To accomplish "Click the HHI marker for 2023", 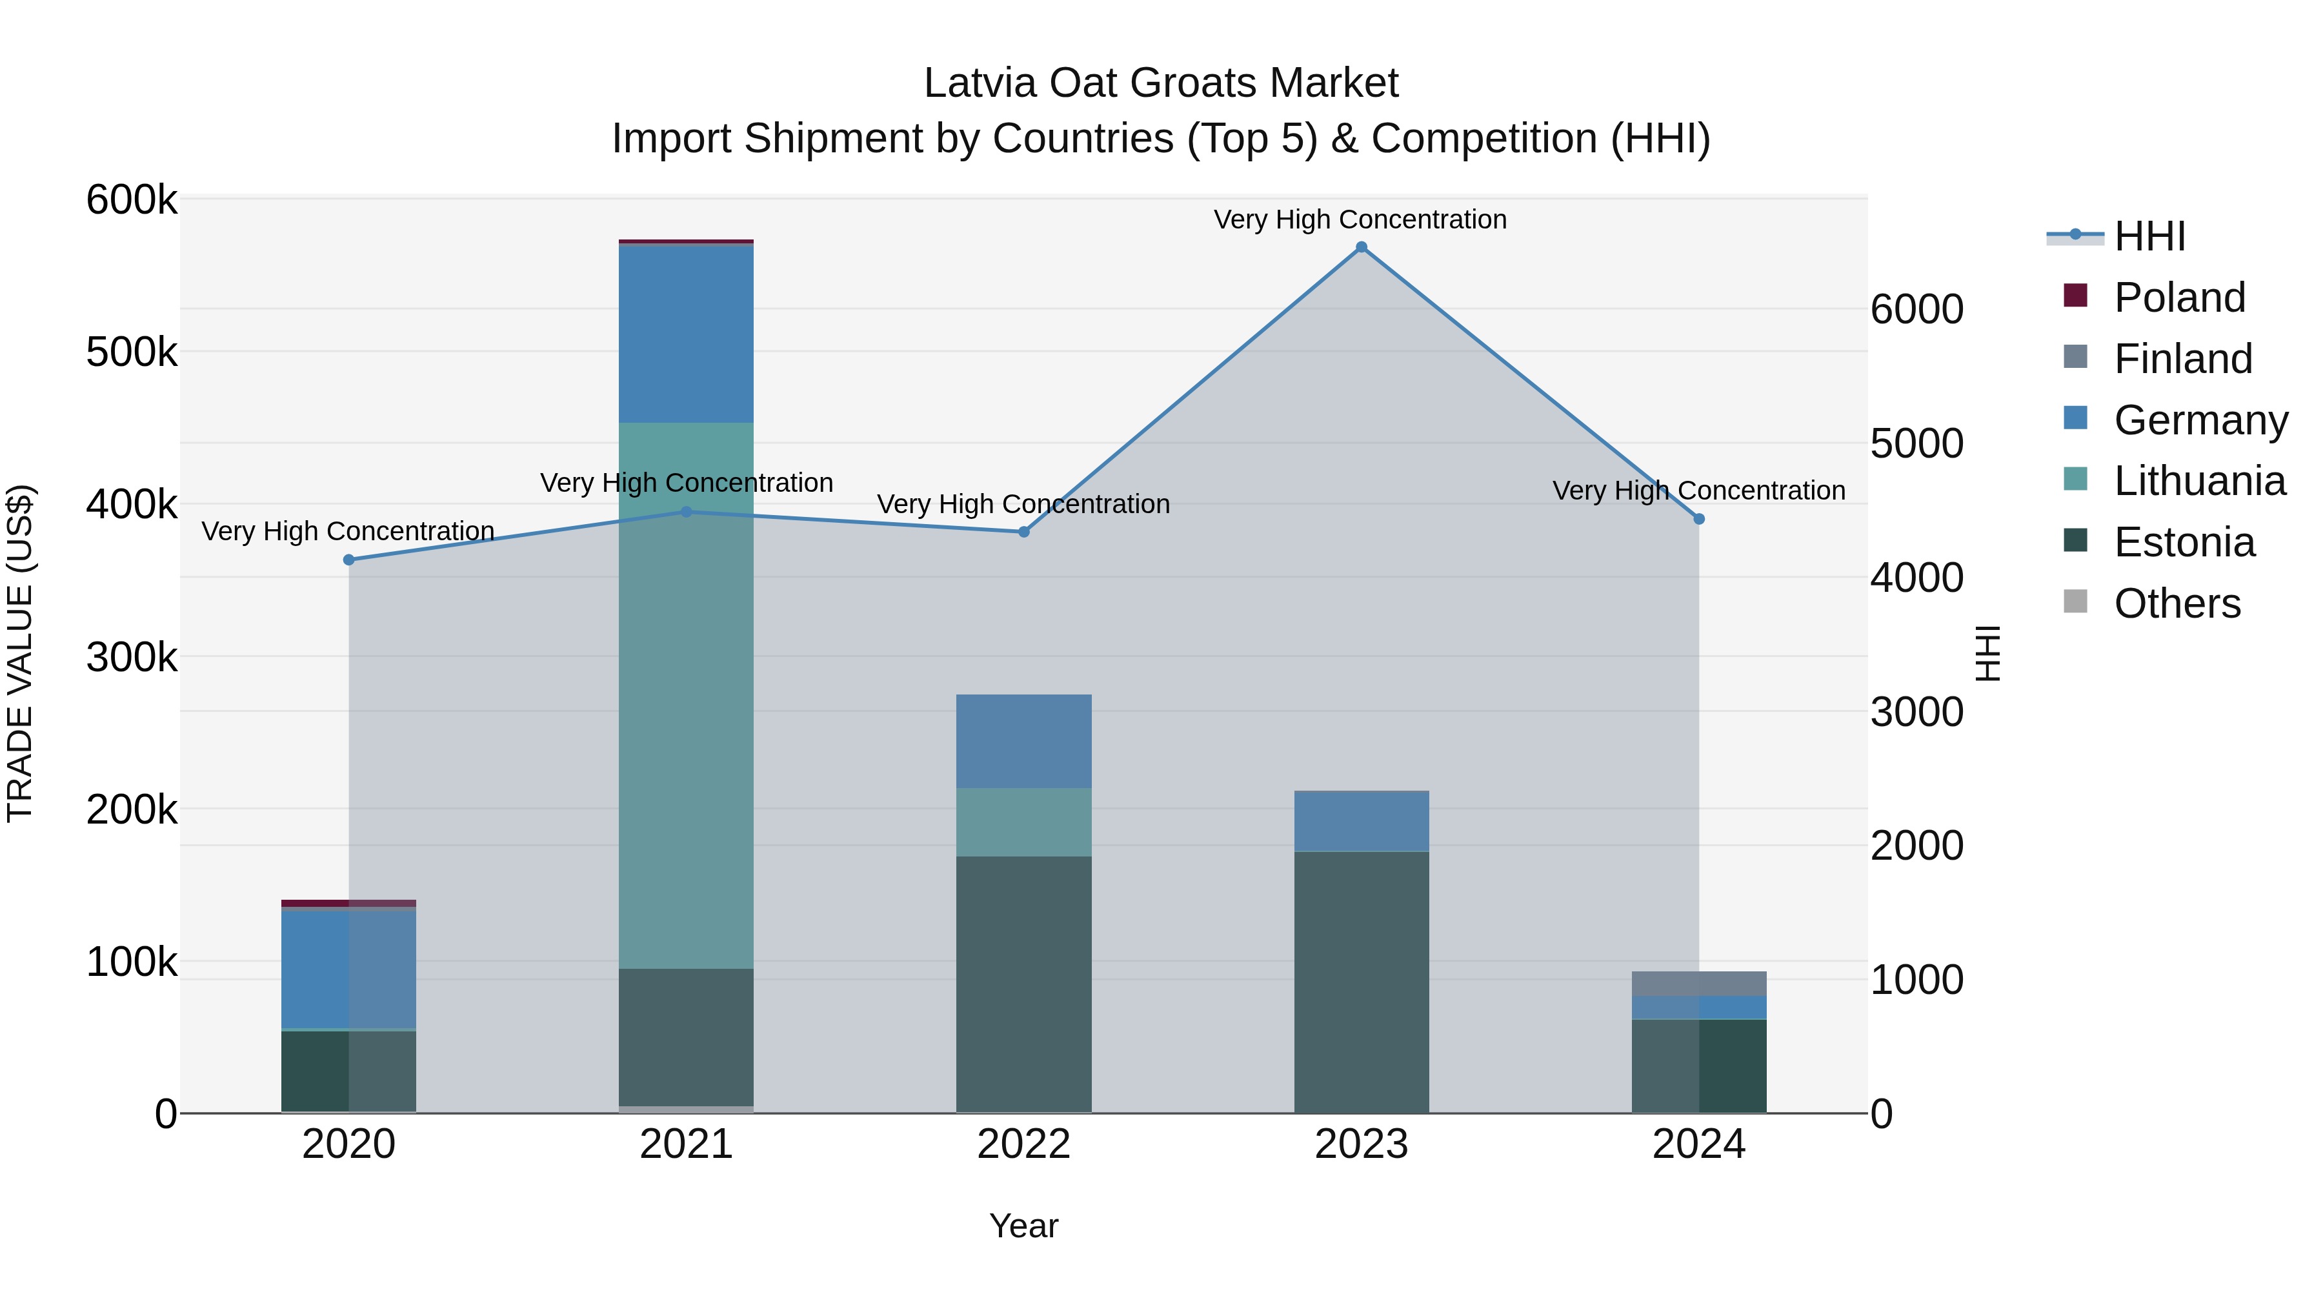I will (x=1361, y=247).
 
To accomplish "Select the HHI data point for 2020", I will (x=349, y=560).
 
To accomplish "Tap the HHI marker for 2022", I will (x=1023, y=532).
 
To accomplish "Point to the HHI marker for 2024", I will (x=1699, y=519).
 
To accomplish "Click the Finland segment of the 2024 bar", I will (x=1699, y=983).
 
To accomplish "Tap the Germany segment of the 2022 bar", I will (x=1023, y=742).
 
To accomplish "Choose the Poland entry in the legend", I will (x=2178, y=298).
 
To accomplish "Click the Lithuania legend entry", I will (x=2198, y=481).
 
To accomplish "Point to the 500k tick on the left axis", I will (x=132, y=352).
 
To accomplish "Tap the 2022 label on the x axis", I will (x=1023, y=1144).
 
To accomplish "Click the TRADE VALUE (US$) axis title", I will (x=21, y=654).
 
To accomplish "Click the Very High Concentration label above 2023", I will (x=1360, y=220).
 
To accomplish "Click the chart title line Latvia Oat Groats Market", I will (x=1161, y=84).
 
